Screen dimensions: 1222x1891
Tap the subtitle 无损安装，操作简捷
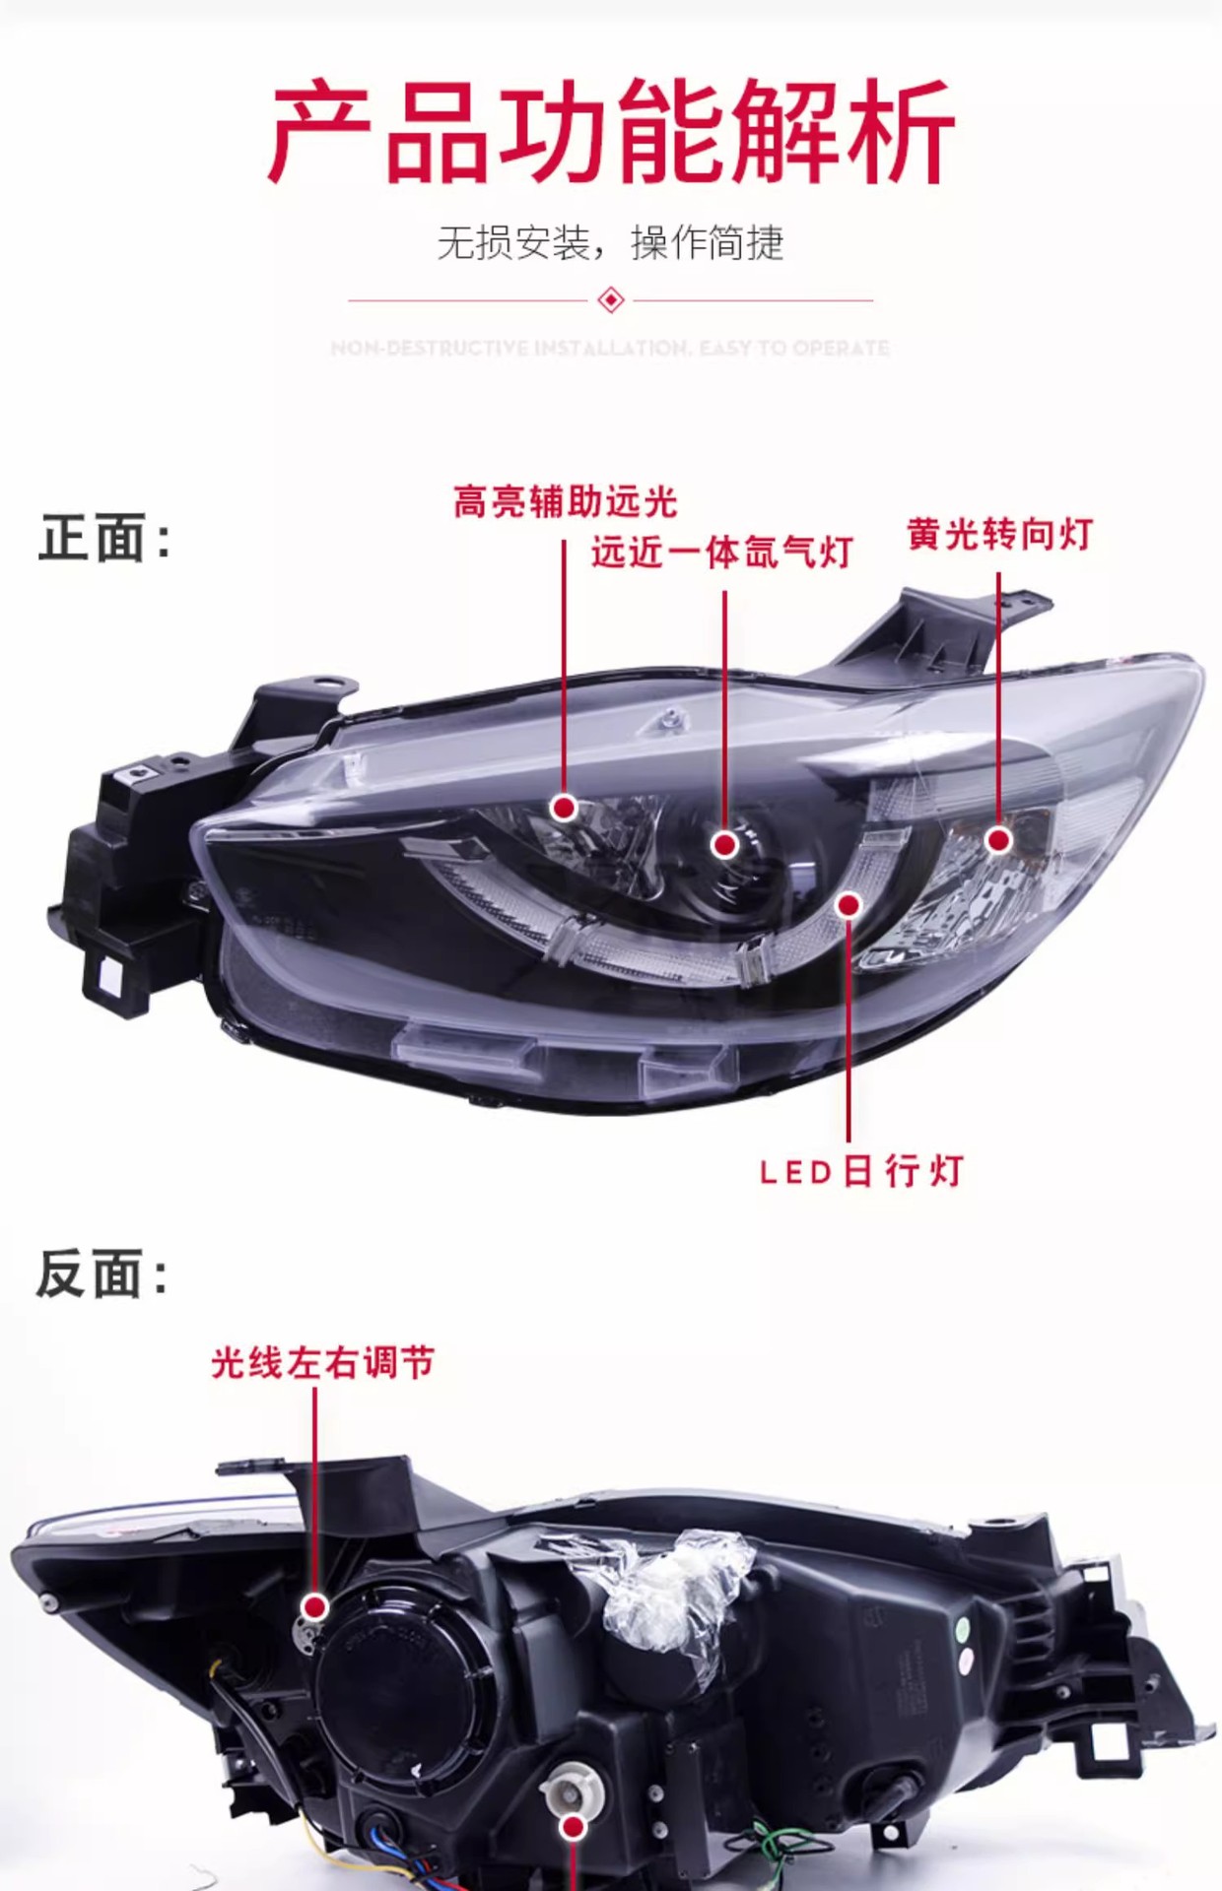tap(610, 242)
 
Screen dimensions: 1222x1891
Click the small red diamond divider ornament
tap(611, 299)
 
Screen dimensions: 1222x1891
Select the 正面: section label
tap(104, 539)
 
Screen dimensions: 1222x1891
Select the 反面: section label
tap(102, 1273)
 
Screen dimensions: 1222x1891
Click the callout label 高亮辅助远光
tap(565, 502)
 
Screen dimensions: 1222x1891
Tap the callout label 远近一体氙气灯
tap(721, 553)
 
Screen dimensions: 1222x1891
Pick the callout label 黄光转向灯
tap(999, 535)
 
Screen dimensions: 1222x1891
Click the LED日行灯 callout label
tap(861, 1172)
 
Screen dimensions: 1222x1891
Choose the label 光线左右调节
tap(322, 1363)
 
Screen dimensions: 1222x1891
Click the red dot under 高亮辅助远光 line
tap(564, 808)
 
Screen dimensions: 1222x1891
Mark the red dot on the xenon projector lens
tap(725, 844)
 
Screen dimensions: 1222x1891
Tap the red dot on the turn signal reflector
tap(998, 840)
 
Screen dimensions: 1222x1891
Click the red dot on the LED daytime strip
tap(849, 904)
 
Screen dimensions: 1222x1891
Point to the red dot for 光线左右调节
tap(315, 1607)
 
